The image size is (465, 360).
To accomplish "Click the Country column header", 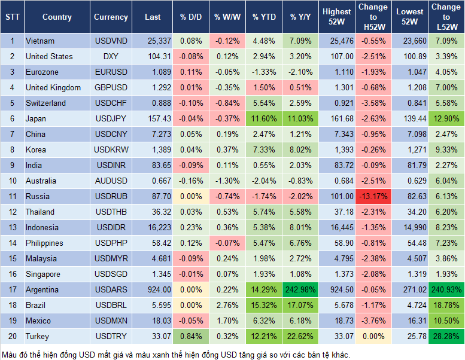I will pos(57,17).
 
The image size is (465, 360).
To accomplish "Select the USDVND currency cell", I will pos(111,41).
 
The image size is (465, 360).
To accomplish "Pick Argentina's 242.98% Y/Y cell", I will pos(301,289).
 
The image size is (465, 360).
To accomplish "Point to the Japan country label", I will pos(35,118).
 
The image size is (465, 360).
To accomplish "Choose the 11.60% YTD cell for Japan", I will pos(264,118).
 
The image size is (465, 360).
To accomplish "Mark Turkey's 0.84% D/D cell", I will pos(190,336).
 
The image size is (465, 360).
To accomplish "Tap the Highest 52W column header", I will pos(336,17).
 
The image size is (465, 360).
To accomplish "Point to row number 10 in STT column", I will pos(12,181).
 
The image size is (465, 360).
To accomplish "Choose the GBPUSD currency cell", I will pos(111,87).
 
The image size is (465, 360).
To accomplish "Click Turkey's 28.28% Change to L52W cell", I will pos(446,336).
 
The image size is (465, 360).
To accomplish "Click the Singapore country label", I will pos(42,274).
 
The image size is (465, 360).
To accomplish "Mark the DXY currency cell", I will pos(111,56).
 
